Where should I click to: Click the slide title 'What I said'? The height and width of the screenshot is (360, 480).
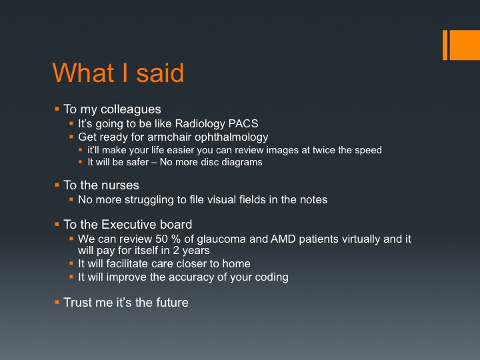tap(118, 73)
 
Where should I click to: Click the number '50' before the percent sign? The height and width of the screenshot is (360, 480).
tap(162, 239)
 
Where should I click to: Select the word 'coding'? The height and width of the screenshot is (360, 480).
tap(271, 277)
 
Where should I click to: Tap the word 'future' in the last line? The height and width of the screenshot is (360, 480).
tap(173, 303)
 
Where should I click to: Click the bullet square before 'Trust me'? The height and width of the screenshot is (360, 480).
tap(57, 302)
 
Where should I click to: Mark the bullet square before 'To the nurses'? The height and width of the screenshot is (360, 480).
tap(57, 185)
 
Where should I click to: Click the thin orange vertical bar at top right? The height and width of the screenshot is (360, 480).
tap(445, 45)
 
